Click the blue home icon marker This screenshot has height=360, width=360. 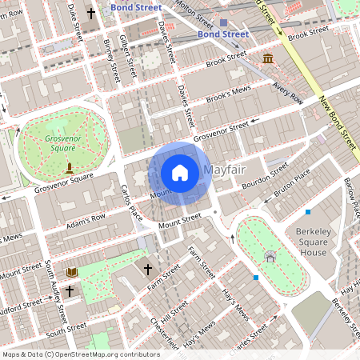click(180, 173)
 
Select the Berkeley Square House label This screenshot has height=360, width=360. click(302, 240)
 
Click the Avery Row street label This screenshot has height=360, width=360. click(288, 96)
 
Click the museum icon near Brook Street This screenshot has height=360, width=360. click(267, 58)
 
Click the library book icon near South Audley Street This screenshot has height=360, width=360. click(72, 273)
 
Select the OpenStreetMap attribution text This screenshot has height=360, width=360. click(80, 354)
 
